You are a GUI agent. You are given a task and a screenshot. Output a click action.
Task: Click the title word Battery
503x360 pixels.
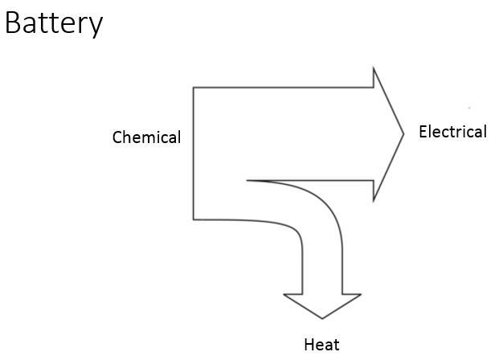click(54, 23)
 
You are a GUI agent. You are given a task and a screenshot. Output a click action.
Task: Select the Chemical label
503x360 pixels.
click(146, 137)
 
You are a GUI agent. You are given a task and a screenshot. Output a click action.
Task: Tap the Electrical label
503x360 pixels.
click(452, 132)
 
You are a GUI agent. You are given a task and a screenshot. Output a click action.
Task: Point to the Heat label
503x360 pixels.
click(321, 345)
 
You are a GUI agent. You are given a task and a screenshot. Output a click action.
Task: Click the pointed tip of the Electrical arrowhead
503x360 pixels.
click(403, 133)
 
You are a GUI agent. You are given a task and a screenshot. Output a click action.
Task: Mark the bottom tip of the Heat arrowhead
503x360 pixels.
click(322, 319)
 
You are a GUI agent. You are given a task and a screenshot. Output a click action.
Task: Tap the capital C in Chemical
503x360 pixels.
click(117, 137)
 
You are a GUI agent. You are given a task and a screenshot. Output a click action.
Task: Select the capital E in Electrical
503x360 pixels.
click(423, 132)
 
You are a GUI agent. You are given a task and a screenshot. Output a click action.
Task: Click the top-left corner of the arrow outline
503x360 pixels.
click(193, 87)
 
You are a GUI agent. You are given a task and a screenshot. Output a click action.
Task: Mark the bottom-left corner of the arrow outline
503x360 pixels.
click(193, 219)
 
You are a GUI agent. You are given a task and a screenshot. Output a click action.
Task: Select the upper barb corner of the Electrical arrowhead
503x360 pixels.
click(374, 67)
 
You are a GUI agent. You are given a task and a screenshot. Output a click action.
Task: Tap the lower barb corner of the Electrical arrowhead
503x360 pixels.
click(374, 201)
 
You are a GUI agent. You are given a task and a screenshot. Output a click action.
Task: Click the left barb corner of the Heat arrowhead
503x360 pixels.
click(284, 294)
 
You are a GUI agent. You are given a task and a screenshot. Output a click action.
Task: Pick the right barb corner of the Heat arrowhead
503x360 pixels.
click(362, 294)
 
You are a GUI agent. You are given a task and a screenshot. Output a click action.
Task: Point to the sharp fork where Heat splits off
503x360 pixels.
click(247, 181)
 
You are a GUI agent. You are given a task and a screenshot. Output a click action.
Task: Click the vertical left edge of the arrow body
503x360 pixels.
click(193, 153)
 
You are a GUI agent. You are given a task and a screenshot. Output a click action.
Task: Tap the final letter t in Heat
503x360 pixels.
click(336, 345)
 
